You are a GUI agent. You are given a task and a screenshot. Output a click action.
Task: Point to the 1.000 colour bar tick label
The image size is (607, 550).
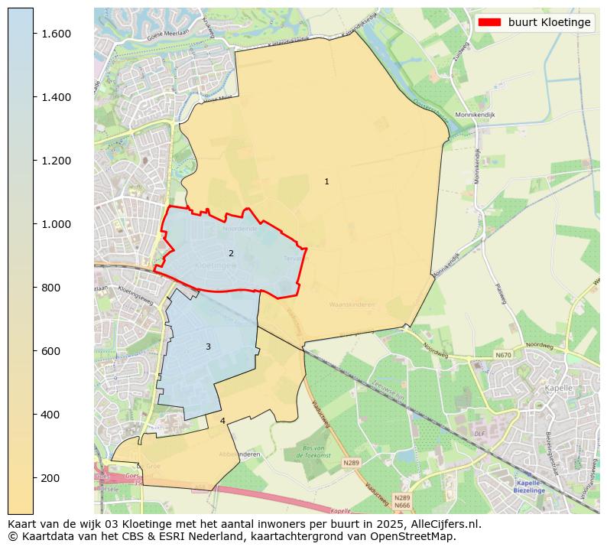57,224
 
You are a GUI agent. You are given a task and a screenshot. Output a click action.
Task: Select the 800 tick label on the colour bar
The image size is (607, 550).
50,288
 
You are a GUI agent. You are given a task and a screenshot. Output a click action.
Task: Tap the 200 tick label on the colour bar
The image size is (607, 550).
50,478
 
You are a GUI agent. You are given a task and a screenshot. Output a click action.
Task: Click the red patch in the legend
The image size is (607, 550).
489,22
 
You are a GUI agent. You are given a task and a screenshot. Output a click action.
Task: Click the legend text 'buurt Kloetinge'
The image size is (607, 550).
549,22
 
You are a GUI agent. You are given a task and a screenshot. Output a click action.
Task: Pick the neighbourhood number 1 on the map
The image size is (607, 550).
326,181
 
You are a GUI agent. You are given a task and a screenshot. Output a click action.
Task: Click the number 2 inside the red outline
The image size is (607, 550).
231,253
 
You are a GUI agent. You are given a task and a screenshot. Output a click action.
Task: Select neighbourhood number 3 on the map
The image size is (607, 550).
208,347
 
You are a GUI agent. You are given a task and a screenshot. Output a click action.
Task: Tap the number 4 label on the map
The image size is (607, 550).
222,421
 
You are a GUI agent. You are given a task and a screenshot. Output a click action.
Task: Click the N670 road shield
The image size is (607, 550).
503,355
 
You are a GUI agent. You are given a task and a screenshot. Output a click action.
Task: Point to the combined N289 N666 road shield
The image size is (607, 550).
402,501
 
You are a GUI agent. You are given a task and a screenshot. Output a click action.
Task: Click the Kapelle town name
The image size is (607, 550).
559,389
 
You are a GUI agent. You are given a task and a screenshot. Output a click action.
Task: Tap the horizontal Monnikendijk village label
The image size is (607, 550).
476,115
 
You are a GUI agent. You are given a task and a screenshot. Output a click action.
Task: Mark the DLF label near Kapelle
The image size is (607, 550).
479,434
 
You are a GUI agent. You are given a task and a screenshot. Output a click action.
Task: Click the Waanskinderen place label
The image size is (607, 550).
352,304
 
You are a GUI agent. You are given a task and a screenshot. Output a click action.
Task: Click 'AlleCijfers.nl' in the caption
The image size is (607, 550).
443,524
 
